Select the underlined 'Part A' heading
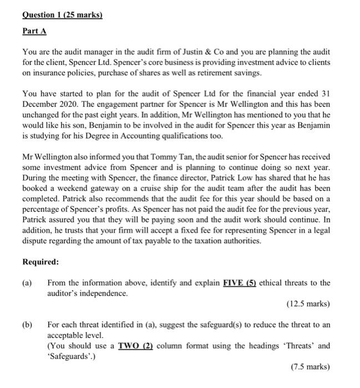[34, 31]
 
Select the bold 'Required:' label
[41, 262]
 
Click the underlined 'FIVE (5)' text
[240, 283]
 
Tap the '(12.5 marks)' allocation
[308, 304]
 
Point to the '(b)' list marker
[28, 325]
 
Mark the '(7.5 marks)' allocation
[310, 367]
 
